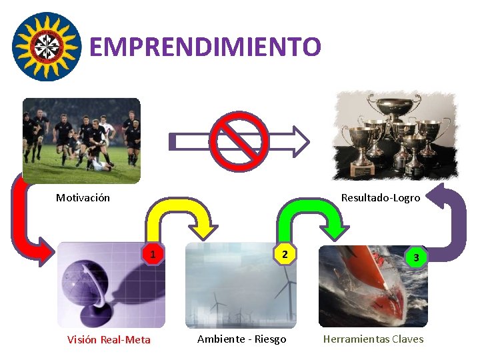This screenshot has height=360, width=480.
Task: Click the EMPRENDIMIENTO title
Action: tap(205, 47)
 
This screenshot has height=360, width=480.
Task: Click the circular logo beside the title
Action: tap(47, 46)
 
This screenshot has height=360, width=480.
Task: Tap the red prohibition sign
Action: tap(238, 141)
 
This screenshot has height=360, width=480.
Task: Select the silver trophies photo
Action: tap(397, 136)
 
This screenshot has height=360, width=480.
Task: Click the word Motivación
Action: tap(83, 197)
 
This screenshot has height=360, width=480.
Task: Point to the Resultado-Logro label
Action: tap(381, 197)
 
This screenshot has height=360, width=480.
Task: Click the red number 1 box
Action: tap(153, 255)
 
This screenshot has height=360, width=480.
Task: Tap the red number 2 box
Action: tap(284, 255)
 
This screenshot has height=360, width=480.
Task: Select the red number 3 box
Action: tap(416, 257)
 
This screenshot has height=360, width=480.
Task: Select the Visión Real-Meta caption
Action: tap(109, 340)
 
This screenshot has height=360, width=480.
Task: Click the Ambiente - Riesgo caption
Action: tap(241, 339)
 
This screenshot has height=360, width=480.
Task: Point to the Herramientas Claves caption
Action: tap(373, 339)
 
